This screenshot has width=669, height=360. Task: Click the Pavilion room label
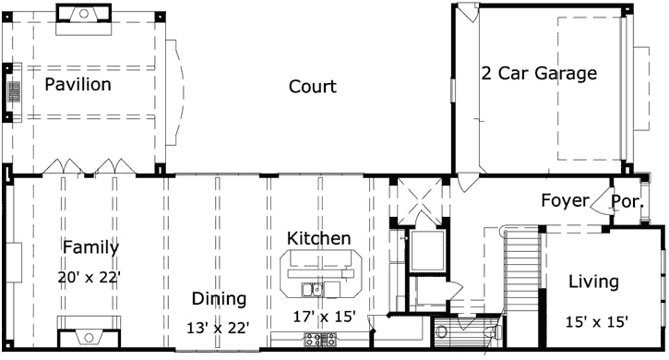(78, 85)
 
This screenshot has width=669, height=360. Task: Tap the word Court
(312, 87)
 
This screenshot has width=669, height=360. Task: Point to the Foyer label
(566, 200)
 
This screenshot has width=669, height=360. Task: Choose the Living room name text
(593, 282)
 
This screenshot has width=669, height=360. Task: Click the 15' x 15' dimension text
(596, 321)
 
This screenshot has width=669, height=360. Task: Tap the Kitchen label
(318, 238)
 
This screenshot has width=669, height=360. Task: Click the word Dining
(219, 298)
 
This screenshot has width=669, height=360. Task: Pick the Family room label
(90, 246)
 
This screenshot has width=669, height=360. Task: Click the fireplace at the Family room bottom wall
(89, 330)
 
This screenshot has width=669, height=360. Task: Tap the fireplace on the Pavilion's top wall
(85, 13)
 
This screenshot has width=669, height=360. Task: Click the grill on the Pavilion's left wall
(13, 92)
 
